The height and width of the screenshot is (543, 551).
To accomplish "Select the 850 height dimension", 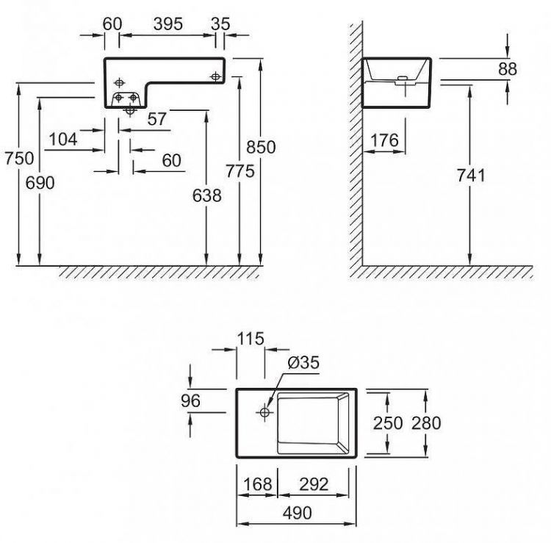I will pyautogui.click(x=261, y=147).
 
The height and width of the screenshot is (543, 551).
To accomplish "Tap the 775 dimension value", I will pyautogui.click(x=240, y=171).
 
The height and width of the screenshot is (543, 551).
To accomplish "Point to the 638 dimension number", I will pyautogui.click(x=206, y=195).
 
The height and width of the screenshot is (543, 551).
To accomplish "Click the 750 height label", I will pyautogui.click(x=18, y=158).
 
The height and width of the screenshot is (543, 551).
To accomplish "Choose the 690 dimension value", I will pyautogui.click(x=40, y=183).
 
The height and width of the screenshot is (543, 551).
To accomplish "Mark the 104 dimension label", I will pyautogui.click(x=64, y=140).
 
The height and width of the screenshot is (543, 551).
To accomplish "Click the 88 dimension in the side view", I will pyautogui.click(x=507, y=69).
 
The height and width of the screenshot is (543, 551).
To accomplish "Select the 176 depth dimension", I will pyautogui.click(x=384, y=140).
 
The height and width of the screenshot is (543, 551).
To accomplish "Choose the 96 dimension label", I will pyautogui.click(x=190, y=401).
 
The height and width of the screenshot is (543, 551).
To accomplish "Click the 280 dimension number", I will pyautogui.click(x=426, y=422).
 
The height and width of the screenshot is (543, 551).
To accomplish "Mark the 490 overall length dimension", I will pyautogui.click(x=296, y=511).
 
